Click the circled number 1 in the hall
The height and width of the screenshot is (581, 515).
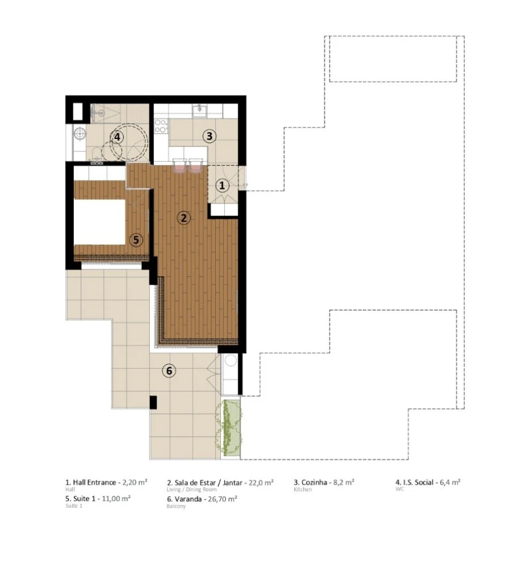[222, 185]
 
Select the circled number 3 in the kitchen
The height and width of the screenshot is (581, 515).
[209, 136]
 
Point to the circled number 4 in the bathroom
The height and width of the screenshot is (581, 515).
[117, 137]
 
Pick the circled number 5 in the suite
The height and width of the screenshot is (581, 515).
[136, 240]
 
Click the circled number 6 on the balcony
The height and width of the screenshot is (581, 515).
[168, 371]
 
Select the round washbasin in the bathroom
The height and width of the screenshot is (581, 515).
[80, 134]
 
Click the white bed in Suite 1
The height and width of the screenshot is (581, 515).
[100, 221]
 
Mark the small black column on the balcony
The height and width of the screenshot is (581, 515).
[153, 402]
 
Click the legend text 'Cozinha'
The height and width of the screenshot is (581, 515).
[314, 482]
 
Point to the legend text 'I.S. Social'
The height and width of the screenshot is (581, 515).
[419, 482]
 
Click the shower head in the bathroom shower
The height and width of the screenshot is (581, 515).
[101, 113]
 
